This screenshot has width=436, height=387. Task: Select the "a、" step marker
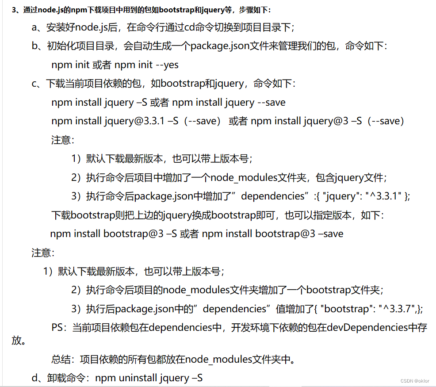tap(38, 27)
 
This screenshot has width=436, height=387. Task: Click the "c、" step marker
tap(38, 84)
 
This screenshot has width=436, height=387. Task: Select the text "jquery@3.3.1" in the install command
tap(131, 121)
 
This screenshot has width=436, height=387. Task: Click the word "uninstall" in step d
tap(138, 378)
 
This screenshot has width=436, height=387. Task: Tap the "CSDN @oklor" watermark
tap(415, 381)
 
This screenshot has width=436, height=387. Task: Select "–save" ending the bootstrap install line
tap(330, 234)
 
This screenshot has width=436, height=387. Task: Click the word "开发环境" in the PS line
tap(257, 327)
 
